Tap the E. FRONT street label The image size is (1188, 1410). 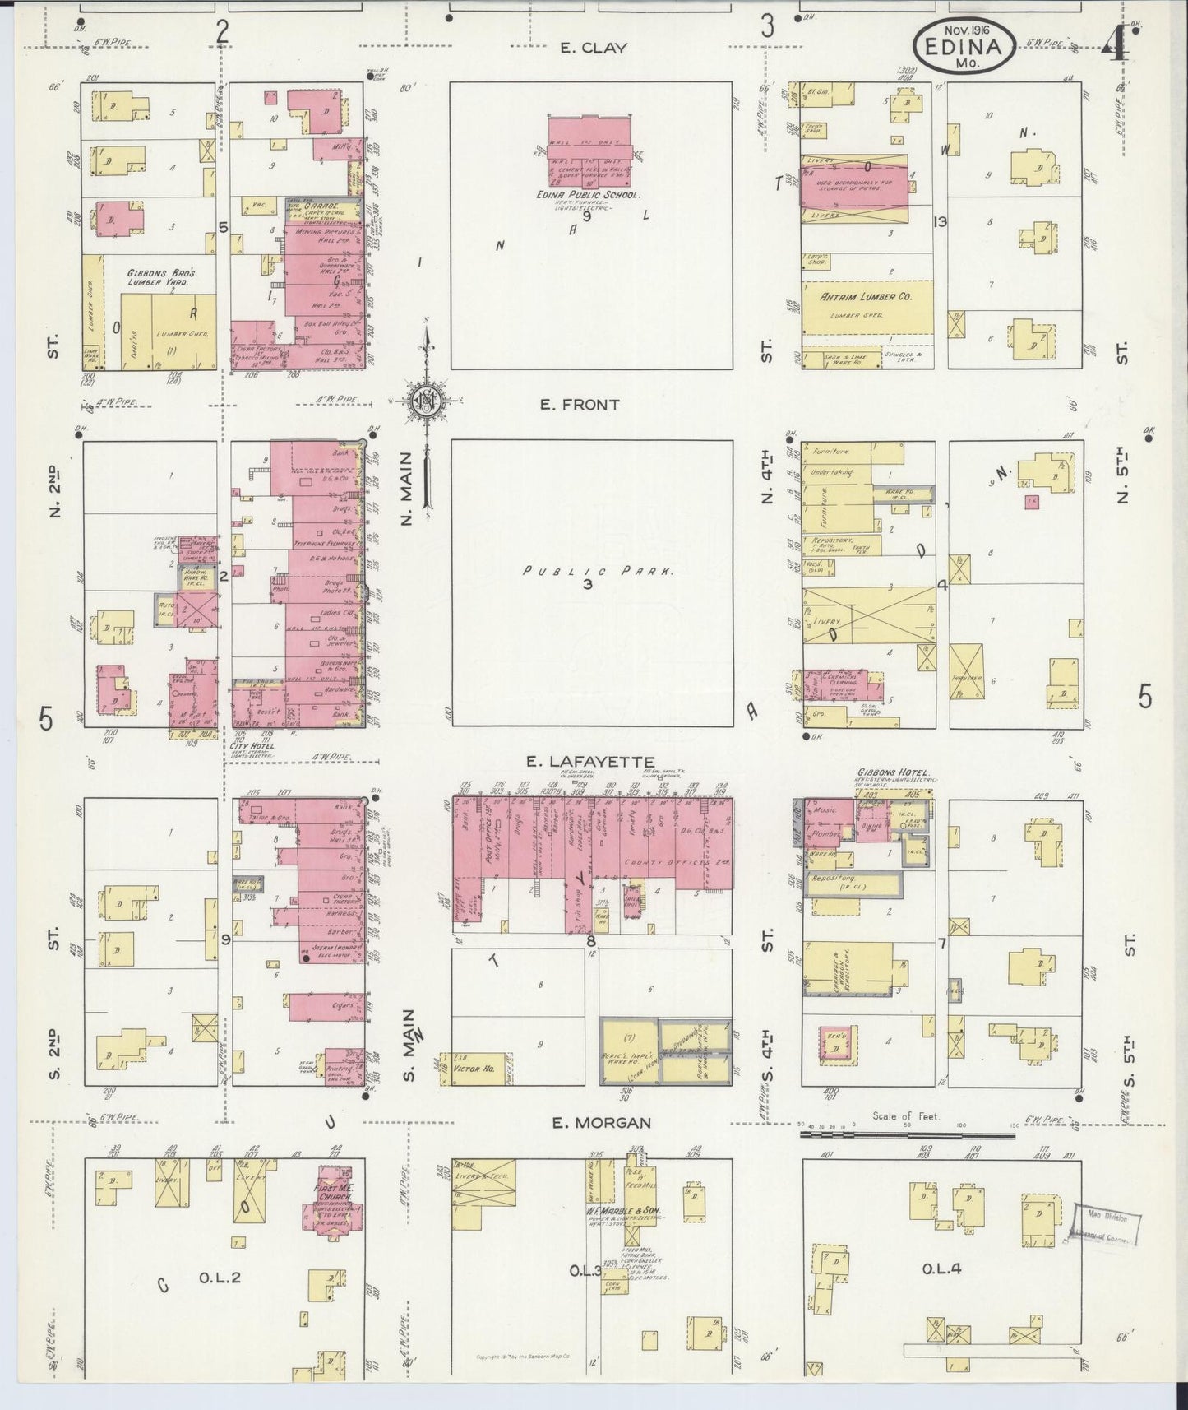[x=580, y=405]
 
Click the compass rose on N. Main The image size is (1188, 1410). [x=427, y=401]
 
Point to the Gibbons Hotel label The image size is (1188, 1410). [x=893, y=774]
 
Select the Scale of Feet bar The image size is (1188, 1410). [x=908, y=1136]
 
